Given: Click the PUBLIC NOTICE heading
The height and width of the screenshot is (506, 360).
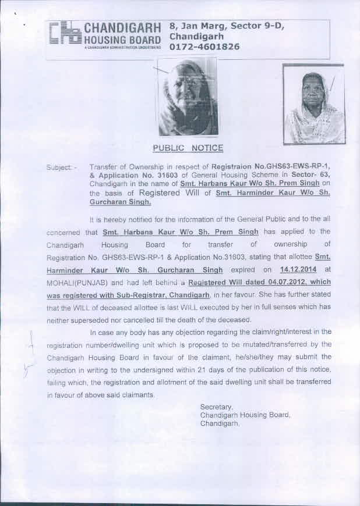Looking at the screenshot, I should [188, 148].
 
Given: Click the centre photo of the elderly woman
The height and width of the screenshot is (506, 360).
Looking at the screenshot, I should [188, 98].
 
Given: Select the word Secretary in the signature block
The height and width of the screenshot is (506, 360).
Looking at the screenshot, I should [216, 407].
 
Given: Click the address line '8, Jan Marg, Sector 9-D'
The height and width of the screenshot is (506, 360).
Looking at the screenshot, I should [226, 26].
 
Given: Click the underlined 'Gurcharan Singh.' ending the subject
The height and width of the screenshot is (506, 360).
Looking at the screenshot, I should [120, 203].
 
